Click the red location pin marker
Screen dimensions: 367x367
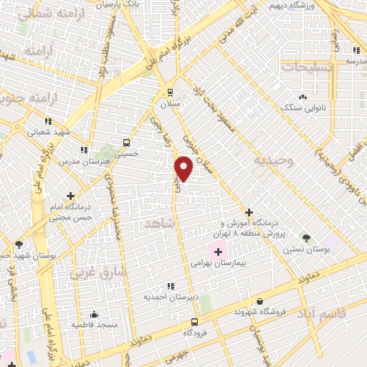(x=184, y=168)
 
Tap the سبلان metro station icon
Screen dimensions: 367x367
(x=170, y=92)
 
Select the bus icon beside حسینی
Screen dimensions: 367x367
(x=126, y=142)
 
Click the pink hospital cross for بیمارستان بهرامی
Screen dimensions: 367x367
(x=217, y=252)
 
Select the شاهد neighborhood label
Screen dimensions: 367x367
(x=159, y=224)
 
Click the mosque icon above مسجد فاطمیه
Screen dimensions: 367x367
(x=94, y=314)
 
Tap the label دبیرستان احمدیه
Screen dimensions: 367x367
(x=166, y=296)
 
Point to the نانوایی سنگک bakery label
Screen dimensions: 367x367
(x=302, y=108)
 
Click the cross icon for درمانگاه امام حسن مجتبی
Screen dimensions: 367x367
(x=70, y=196)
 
